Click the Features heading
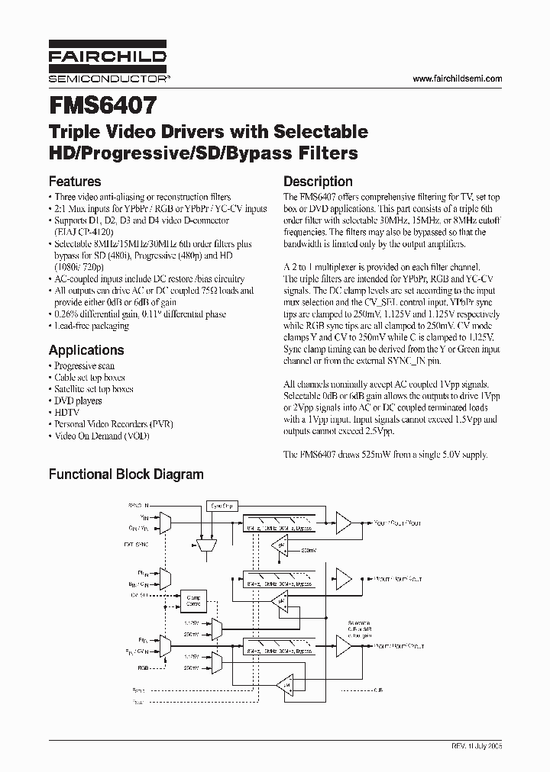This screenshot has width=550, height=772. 75,182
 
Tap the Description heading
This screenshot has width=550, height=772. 318,182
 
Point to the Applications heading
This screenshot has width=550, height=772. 86,350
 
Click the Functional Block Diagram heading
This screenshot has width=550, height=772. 126,474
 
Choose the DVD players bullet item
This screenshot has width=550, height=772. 78,400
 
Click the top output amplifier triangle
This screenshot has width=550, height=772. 343,523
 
